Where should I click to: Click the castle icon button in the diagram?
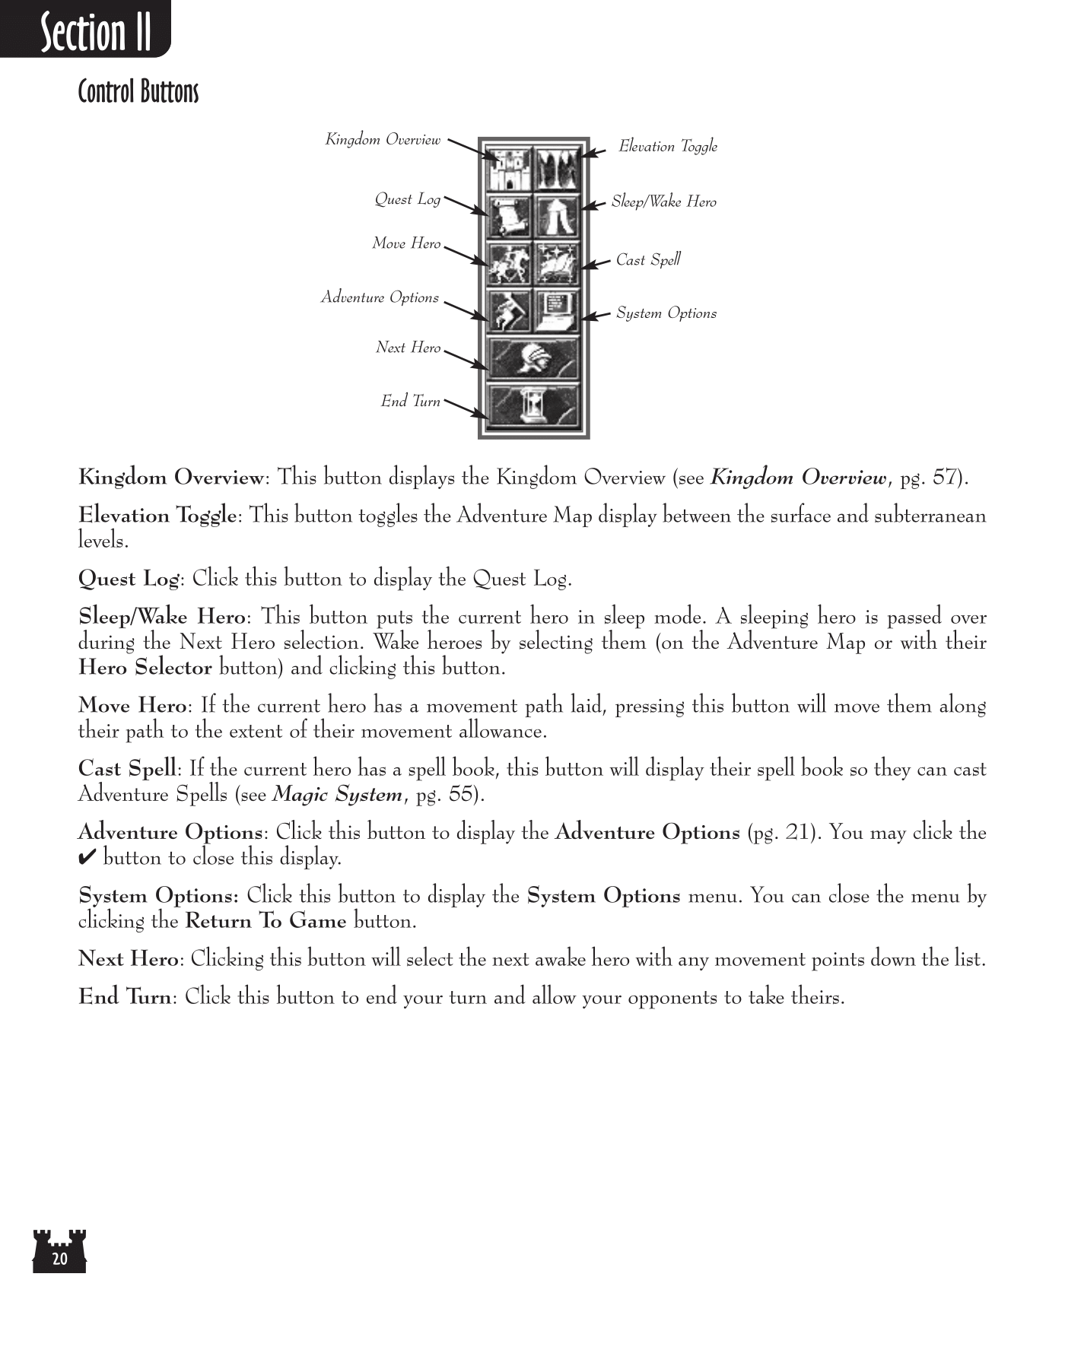[x=509, y=169]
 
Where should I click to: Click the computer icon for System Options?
[x=557, y=310]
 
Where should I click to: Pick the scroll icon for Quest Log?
[x=509, y=216]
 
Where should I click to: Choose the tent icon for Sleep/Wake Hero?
[x=557, y=216]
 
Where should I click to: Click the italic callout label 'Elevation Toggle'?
[x=667, y=146]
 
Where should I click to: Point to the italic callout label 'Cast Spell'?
[x=648, y=260]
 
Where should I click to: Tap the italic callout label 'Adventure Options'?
[x=380, y=297]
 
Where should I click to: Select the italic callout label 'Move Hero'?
[x=406, y=243]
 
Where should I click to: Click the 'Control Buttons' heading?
[x=138, y=92]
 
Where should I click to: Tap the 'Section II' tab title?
[x=96, y=33]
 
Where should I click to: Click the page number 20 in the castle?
[x=59, y=1259]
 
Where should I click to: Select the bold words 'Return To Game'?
[x=265, y=921]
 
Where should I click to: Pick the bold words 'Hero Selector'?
[x=145, y=668]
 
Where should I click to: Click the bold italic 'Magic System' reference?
[x=337, y=795]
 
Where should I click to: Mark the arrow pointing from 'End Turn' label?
[x=466, y=408]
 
